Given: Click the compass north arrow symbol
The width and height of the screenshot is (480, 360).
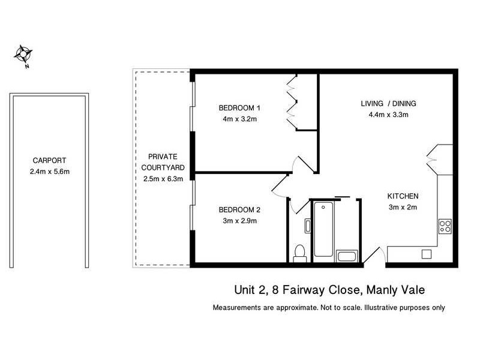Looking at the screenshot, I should pos(23,55).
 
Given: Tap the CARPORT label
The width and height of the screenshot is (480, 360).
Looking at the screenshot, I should pos(49,161).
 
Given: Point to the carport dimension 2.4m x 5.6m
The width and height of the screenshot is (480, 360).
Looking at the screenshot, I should pos(49,172).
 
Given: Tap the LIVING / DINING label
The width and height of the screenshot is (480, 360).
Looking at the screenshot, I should pos(388,104).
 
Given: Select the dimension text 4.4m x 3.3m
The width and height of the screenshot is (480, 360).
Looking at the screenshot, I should pos(388,115).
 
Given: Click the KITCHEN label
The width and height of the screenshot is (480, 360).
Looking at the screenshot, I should pos(402,196).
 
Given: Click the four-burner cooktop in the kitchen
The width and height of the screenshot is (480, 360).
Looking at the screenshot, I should pos(445,226).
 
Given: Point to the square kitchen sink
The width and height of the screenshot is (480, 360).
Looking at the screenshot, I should pos(426,254).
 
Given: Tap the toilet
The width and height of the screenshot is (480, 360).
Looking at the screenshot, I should pos(299,253).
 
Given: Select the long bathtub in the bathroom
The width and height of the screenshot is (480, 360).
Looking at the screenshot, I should pos(323,229).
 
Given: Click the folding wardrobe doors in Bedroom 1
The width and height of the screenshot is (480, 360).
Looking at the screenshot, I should pos(292,102).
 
